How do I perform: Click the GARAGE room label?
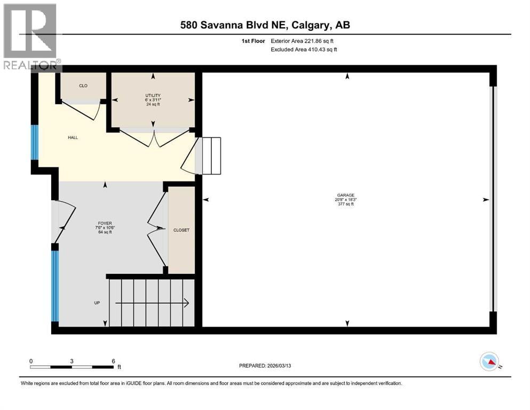coord(345,195)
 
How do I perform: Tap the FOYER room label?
coord(105,224)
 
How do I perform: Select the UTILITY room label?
coord(153,96)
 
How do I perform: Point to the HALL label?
coord(73,138)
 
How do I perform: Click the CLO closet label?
coord(83,86)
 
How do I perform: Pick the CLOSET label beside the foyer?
coord(181,230)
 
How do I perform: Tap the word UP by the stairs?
coord(97,303)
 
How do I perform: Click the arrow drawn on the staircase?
coord(152,303)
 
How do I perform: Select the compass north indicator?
coord(489,361)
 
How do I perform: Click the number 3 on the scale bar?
coord(72,361)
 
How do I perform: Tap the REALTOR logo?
coord(31,37)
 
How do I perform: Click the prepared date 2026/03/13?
coord(279,366)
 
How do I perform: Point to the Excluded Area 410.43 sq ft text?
coord(304,49)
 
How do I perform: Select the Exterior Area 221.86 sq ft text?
coord(302,41)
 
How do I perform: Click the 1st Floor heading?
coord(253,41)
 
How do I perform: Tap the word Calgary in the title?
coord(310,25)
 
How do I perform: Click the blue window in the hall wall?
coord(35,143)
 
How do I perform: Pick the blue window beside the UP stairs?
coord(55,286)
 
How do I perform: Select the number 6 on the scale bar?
coord(114,361)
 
